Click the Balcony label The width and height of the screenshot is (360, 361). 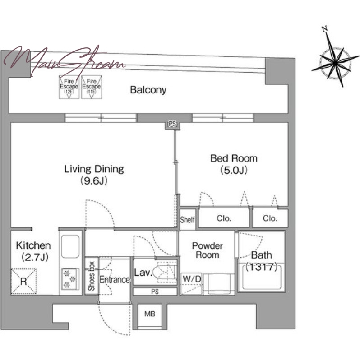148,90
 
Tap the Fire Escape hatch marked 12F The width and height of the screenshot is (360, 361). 69,87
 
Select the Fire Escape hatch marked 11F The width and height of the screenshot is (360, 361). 92,87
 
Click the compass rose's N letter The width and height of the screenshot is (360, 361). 325,29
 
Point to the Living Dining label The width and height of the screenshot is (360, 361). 94,169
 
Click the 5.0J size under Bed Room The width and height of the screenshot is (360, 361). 234,171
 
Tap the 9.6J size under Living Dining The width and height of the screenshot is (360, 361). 94,181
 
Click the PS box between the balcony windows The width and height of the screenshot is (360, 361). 172,125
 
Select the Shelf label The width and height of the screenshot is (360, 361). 187,220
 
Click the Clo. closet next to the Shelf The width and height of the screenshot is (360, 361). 224,218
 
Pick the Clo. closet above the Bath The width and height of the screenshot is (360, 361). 270,218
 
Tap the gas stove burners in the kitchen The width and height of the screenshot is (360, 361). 70,279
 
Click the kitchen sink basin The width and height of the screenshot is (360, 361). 70,246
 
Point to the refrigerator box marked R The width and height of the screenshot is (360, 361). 24,281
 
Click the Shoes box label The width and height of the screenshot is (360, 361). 92,276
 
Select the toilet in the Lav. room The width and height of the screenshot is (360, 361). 165,272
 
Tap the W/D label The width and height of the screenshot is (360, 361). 192,279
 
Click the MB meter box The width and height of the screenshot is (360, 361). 150,314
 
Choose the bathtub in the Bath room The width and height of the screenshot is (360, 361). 262,278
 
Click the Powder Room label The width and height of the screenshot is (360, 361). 208,250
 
